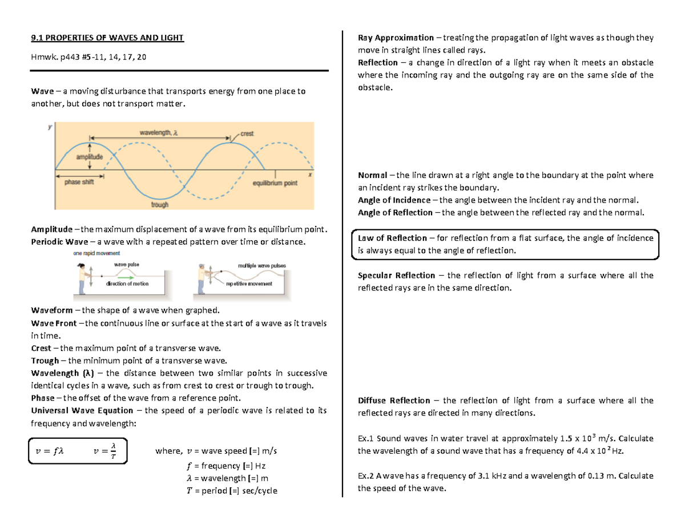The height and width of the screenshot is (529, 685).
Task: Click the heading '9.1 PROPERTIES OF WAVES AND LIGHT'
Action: tap(107, 38)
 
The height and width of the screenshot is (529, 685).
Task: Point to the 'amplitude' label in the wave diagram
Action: tap(90, 157)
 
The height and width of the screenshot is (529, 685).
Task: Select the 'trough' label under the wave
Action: tap(159, 204)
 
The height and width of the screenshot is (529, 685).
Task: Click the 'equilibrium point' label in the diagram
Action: tap(275, 184)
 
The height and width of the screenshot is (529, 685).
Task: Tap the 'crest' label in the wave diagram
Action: tap(247, 134)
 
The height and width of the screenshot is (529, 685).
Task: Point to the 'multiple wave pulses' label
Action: tap(261, 266)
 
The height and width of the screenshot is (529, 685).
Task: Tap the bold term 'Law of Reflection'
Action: tap(392, 238)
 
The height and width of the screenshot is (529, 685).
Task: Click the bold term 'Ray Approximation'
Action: tap(396, 38)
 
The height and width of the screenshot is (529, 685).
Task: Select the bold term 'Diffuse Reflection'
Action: tap(394, 401)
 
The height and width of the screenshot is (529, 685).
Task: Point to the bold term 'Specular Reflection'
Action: tap(396, 276)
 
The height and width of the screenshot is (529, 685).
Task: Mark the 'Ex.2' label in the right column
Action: tap(365, 476)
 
